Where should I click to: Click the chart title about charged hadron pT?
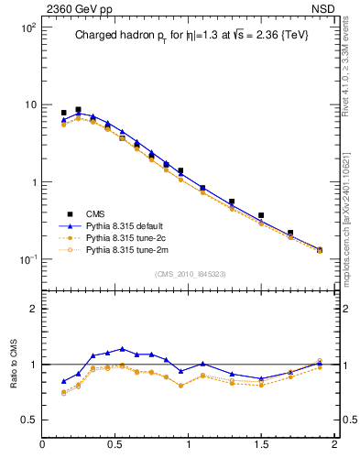(x=188, y=38)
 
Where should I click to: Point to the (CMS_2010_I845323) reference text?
(x=187, y=273)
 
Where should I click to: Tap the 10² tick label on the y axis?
(x=27, y=27)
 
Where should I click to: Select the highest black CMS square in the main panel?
(x=78, y=109)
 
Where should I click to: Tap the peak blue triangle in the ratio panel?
(x=122, y=349)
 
